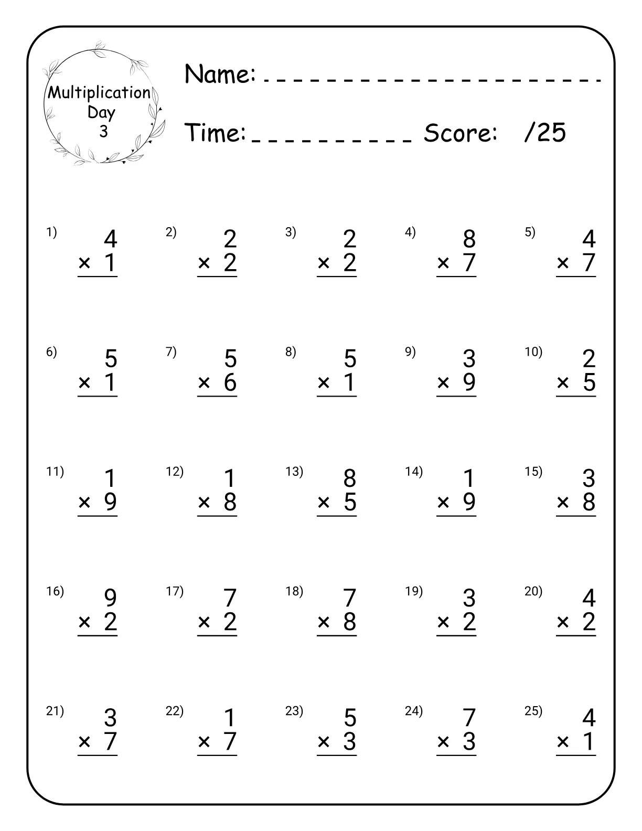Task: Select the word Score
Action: click(460, 133)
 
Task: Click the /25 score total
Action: click(545, 133)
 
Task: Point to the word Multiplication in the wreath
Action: click(100, 93)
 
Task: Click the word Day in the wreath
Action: click(101, 112)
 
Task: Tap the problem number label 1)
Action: click(51, 232)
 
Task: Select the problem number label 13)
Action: click(294, 471)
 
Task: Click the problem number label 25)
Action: click(533, 711)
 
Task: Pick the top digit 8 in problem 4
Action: click(469, 239)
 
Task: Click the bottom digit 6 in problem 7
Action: click(230, 382)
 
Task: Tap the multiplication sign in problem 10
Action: click(563, 383)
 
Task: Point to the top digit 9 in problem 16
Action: click(110, 598)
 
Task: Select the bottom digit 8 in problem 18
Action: click(349, 622)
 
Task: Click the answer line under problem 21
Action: click(98, 755)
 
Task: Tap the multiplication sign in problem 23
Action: click(324, 742)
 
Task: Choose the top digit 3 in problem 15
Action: click(588, 478)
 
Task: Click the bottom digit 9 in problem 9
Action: click(469, 382)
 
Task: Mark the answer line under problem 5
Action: click(576, 276)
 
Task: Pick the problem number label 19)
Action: click(414, 591)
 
